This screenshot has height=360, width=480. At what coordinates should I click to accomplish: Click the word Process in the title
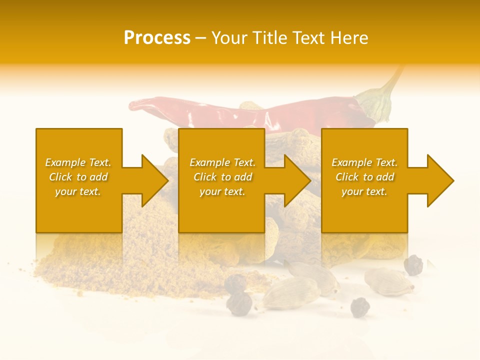[157, 38]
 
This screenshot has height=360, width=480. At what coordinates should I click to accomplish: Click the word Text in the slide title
[309, 38]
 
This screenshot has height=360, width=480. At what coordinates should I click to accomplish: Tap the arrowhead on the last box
[440, 180]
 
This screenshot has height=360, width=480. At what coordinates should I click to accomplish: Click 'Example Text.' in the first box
[78, 162]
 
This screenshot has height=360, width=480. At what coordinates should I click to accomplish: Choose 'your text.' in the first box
[78, 191]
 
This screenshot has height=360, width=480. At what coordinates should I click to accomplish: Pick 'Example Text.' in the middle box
[222, 162]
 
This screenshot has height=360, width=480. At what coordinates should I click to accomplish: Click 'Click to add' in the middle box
[222, 177]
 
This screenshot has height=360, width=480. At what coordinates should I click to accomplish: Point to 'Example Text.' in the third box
[364, 162]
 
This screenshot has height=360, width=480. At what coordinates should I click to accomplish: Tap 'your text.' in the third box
[364, 191]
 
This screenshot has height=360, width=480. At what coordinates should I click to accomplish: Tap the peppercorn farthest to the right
[413, 265]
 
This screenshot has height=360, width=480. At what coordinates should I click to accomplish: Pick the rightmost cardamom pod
[388, 281]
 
